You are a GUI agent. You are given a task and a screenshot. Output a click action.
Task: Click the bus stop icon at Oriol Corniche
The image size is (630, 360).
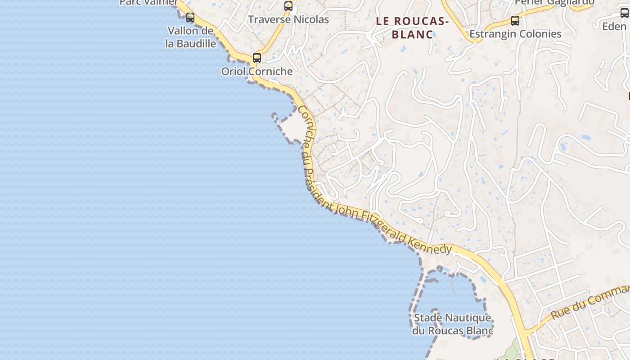point(257,58)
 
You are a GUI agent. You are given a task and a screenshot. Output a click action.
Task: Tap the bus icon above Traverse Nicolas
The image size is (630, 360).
point(288,6)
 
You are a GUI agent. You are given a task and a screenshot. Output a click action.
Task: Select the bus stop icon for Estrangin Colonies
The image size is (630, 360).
point(515,21)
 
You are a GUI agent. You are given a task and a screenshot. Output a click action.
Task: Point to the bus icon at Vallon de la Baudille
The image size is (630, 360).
point(190,18)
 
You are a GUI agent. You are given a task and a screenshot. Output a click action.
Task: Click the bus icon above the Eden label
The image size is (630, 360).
point(625,13)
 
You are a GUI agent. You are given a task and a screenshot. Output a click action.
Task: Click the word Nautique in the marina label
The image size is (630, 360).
point(468,318)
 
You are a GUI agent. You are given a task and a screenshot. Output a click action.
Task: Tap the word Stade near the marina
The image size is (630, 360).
point(427,318)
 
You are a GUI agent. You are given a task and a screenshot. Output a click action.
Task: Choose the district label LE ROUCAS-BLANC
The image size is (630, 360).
point(412,27)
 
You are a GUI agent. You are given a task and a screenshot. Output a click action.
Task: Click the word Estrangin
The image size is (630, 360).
point(492,34)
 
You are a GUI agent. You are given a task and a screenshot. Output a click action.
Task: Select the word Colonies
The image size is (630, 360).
point(539,34)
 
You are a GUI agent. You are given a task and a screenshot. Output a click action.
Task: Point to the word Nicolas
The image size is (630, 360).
point(311,20)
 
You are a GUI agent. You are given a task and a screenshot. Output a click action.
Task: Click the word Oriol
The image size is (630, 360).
point(234,72)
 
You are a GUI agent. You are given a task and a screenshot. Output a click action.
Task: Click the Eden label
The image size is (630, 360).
point(614,27)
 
